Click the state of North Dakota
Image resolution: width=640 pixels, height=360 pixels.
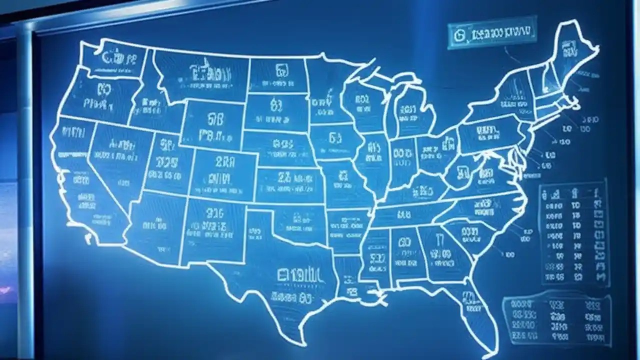(277, 75)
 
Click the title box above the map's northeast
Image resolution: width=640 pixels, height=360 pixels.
(492, 33)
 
